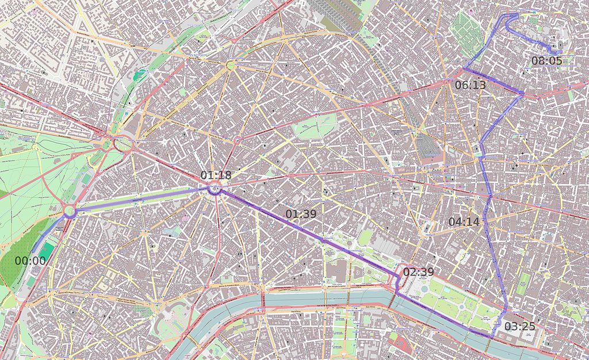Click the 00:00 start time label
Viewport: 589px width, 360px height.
click(30, 261)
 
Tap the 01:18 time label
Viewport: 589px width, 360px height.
click(216, 175)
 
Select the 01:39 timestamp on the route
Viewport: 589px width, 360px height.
click(301, 215)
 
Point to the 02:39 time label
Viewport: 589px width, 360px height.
click(418, 272)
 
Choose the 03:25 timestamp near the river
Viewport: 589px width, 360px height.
click(520, 327)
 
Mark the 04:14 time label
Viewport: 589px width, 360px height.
click(464, 221)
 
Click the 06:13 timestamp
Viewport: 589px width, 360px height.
click(470, 85)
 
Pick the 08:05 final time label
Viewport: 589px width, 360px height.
click(546, 60)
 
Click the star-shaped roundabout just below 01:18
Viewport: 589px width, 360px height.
click(215, 189)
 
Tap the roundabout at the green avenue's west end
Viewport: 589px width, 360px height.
click(70, 212)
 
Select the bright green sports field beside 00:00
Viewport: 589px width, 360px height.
click(48, 251)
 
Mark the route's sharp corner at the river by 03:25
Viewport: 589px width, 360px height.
click(495, 336)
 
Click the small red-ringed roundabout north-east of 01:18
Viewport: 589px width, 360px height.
click(239, 140)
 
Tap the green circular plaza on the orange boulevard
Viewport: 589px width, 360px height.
click(231, 66)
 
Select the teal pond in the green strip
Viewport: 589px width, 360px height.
click(140, 75)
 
